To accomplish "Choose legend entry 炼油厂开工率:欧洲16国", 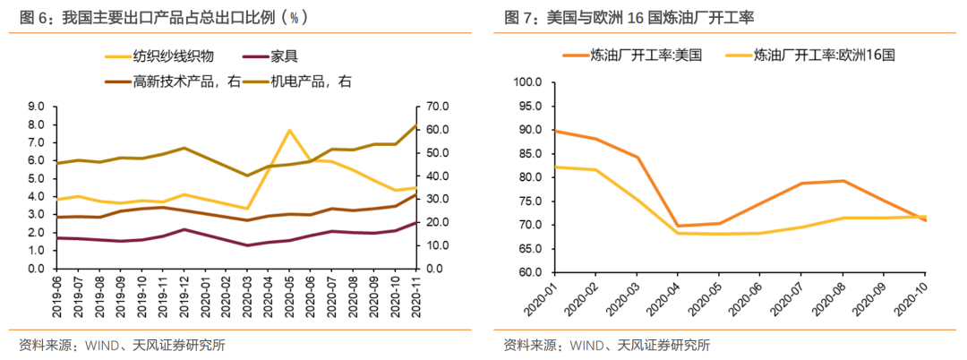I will point(824,55).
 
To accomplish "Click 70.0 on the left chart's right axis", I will point(436,106).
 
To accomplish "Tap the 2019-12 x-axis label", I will point(184,295).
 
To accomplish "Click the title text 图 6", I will point(32,17).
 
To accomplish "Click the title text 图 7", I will point(518,17).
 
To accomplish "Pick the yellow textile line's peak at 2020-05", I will point(289,131).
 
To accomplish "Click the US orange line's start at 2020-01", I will point(555,131).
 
